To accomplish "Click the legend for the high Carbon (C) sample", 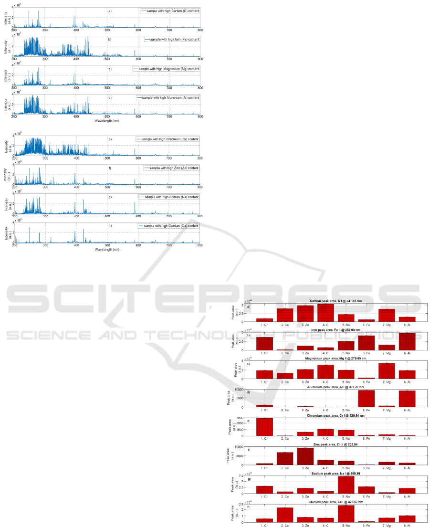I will coord(170,10).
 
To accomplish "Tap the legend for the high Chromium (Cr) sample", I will coord(168,139).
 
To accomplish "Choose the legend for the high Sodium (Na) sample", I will coord(169,197).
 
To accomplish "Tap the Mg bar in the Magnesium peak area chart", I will coord(387,371).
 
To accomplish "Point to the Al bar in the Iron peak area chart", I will coord(408,341).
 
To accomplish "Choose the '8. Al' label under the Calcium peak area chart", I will coord(408,526).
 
